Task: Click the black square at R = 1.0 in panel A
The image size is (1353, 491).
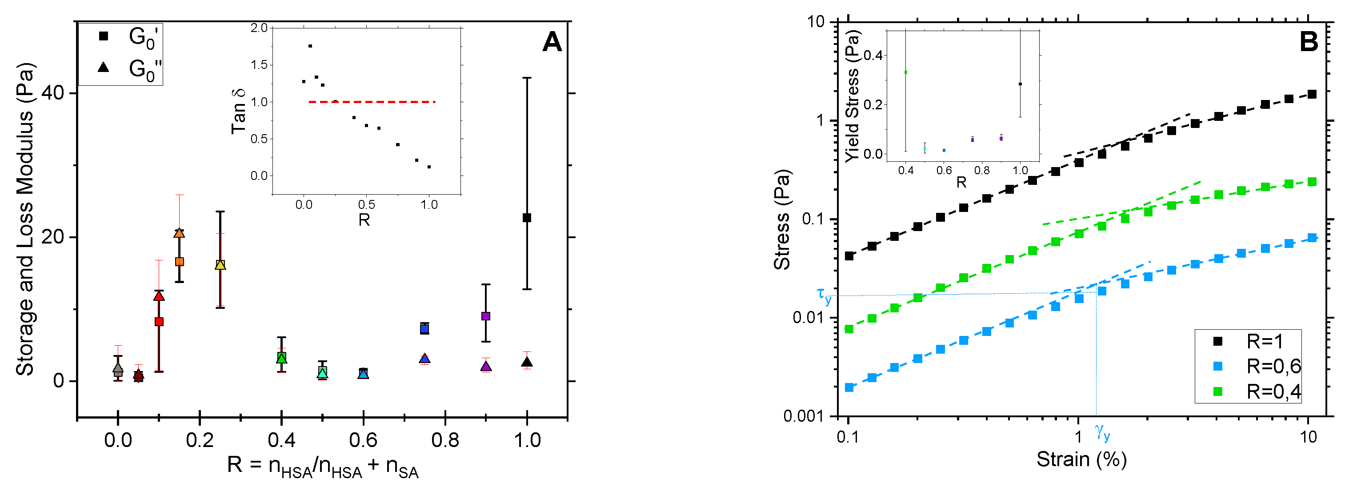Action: [x=526, y=217]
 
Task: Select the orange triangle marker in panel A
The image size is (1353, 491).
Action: [x=179, y=233]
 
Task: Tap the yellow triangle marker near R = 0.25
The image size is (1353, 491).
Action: [x=220, y=265]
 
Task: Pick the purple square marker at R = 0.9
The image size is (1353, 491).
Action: [x=485, y=315]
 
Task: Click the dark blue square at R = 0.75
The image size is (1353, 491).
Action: [x=424, y=329]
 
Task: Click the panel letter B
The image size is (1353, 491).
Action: [x=1309, y=41]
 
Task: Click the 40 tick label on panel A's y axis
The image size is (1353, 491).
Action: [x=52, y=93]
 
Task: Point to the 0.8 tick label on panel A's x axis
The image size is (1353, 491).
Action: [x=445, y=440]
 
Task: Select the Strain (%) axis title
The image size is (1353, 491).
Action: [x=1081, y=459]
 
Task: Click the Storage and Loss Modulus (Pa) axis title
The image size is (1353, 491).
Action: [x=25, y=220]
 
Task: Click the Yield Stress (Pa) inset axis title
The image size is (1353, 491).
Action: [x=853, y=96]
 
